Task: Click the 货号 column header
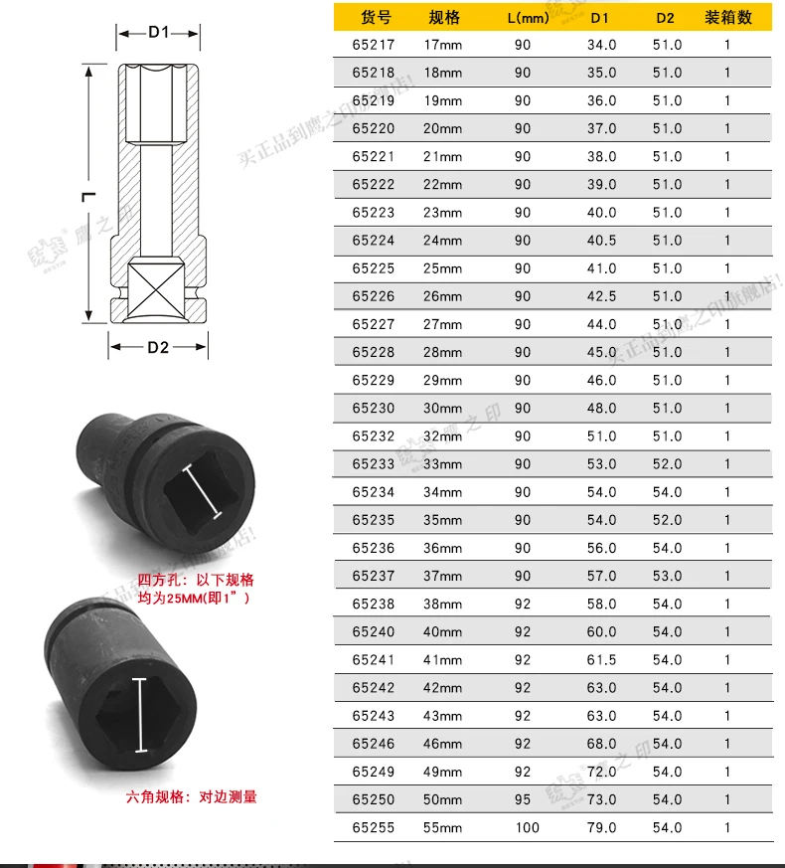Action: (x=376, y=18)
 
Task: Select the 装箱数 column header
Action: (x=727, y=18)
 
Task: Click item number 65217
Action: (x=373, y=45)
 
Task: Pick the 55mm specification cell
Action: (x=443, y=827)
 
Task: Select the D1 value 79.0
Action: (x=601, y=827)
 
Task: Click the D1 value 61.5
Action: (x=601, y=659)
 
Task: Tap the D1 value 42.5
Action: (x=601, y=296)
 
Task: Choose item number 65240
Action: (x=373, y=631)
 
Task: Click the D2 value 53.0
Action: (x=667, y=576)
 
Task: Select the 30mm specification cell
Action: (x=443, y=408)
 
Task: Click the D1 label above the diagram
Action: (x=159, y=32)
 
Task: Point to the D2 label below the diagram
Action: (x=159, y=347)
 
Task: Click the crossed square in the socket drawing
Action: (x=157, y=288)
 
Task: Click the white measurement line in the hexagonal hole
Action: (x=140, y=715)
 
